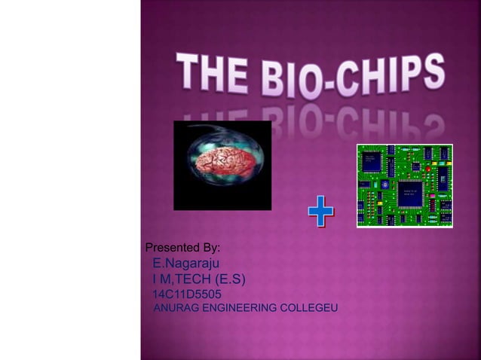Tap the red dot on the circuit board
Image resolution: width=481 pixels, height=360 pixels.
point(427,169)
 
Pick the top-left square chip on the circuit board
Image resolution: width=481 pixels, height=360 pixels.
point(372,160)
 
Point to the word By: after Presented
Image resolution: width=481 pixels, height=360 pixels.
point(211,248)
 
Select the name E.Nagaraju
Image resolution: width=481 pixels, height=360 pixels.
point(185,264)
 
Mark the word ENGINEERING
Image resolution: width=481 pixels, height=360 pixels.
point(238,309)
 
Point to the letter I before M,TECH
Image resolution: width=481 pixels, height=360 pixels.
point(155,280)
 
